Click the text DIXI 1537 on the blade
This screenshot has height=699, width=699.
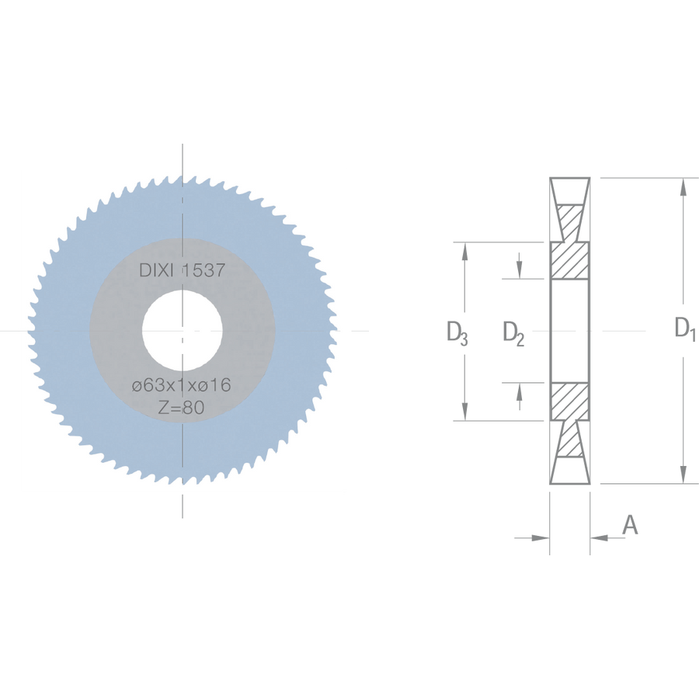pos(183,270)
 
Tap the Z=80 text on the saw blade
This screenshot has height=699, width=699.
pos(182,407)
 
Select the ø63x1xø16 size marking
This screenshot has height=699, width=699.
pos(182,384)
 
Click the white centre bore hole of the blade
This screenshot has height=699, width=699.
pos(183,330)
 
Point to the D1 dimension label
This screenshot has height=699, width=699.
pos(685,329)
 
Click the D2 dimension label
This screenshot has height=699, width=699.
pos(513,333)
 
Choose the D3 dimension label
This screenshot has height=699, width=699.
pos(457,332)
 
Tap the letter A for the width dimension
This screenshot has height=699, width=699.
pos(630,525)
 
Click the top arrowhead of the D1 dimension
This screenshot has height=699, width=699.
pos(683,186)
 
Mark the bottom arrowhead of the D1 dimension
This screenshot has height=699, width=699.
pos(683,475)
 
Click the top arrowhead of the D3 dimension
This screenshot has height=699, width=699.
pos(464,252)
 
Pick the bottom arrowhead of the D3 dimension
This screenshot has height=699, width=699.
pos(464,412)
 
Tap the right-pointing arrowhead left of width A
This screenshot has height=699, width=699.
pos(541,538)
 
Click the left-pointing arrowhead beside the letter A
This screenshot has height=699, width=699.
pos(599,538)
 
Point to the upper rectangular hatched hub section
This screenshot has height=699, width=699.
pos(570,261)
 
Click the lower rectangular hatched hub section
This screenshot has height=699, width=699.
pos(570,402)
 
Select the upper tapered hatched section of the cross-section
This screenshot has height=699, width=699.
pos(569,223)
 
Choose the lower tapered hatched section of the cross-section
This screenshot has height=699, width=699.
pos(569,439)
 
